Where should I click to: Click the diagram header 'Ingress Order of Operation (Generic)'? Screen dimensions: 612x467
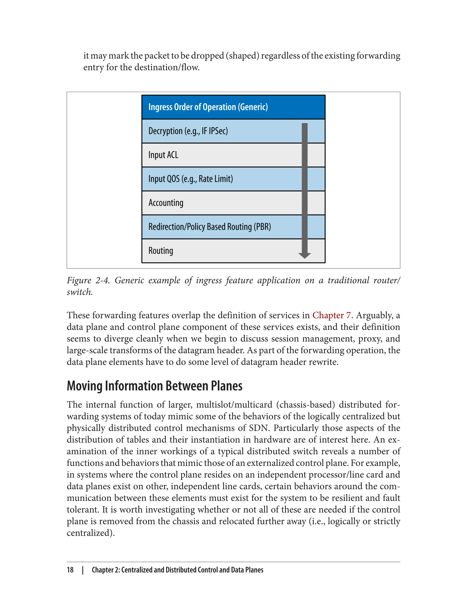[208, 107]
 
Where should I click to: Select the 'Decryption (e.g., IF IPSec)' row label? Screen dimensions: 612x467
[188, 131]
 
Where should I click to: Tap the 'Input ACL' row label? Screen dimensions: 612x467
[163, 155]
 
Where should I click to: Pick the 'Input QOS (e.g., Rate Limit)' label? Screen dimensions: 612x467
[190, 179]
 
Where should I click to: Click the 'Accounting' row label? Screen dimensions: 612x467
[166, 203]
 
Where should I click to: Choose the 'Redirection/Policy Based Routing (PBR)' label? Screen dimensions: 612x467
[209, 227]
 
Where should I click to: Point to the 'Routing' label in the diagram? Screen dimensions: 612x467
[161, 251]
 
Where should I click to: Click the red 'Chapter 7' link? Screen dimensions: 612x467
[331, 315]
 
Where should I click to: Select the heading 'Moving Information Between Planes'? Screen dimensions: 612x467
[155, 386]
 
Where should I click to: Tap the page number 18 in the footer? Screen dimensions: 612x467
[70, 570]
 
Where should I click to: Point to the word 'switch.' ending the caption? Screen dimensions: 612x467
[80, 292]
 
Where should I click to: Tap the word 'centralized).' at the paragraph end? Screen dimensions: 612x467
[91, 533]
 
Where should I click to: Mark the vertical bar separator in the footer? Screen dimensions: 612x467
[83, 570]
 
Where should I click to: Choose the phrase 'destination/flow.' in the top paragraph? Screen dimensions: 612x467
[160, 67]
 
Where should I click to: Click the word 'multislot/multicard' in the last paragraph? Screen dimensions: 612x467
[234, 405]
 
